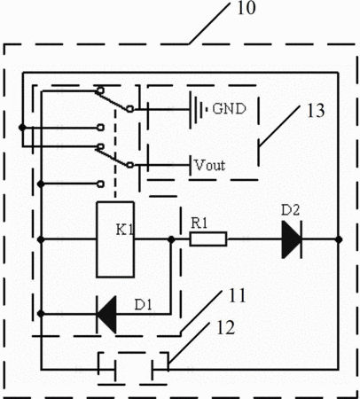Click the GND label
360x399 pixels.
point(229,109)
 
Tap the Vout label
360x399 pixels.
point(210,165)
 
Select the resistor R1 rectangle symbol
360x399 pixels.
point(208,239)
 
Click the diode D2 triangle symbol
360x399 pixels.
point(292,239)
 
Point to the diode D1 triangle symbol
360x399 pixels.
point(106,314)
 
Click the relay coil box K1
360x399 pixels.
point(115,239)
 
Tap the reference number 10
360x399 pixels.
point(247,8)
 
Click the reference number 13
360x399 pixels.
point(316,111)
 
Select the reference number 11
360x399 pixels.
point(237,296)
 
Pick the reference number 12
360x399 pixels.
point(226,327)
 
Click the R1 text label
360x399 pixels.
point(200,223)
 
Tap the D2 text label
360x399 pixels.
point(290,210)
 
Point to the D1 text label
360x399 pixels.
point(144,305)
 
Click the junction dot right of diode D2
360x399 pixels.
point(339,239)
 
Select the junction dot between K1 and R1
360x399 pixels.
point(171,239)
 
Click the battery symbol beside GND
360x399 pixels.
point(199,109)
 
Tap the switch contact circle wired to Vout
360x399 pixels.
point(129,165)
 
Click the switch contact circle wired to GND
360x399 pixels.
point(129,109)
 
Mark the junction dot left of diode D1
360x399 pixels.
point(41,314)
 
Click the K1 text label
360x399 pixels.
point(125,230)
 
